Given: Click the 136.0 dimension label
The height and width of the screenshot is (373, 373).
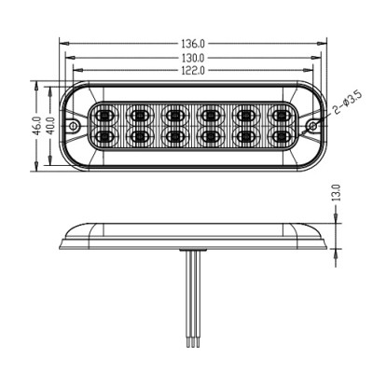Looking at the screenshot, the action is [x=193, y=44].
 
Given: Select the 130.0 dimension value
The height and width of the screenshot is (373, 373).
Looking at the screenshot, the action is [x=193, y=58].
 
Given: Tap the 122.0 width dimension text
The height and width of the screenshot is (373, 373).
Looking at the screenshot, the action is [x=193, y=71].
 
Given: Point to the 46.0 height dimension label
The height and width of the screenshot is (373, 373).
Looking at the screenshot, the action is [x=37, y=126].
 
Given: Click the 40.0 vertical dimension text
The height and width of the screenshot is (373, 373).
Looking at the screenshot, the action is [x=51, y=125].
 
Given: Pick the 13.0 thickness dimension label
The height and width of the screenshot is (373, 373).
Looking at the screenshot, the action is [x=337, y=193].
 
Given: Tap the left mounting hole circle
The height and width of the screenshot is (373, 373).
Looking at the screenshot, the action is [x=74, y=126].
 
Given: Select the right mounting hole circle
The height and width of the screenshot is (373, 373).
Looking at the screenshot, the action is [x=312, y=126].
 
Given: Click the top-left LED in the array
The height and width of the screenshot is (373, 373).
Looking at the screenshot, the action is [x=104, y=117].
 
